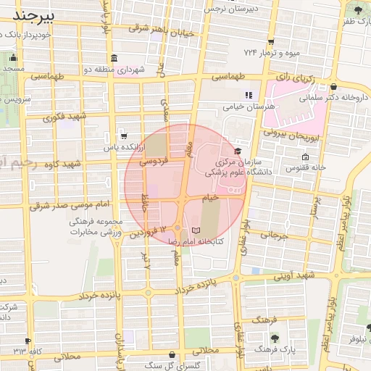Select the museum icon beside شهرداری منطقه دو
tap(114, 58)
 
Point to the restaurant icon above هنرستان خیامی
tap(249, 94)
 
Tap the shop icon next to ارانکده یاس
tap(123, 136)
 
